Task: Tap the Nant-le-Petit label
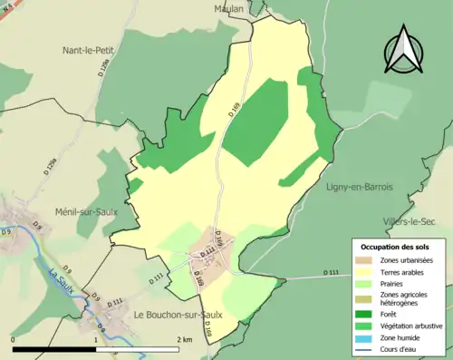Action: (x=93, y=51)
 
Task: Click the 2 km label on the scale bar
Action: (x=185, y=339)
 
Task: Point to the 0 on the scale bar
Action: (x=13, y=339)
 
